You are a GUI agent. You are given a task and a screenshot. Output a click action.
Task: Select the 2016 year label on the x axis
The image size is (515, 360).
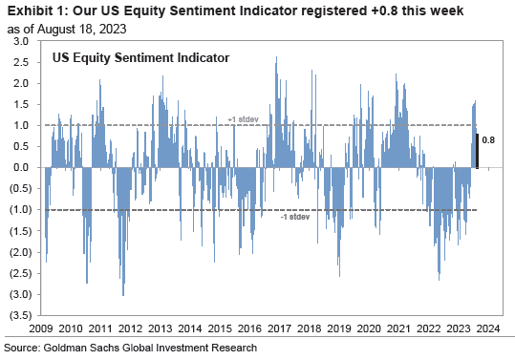[252, 327]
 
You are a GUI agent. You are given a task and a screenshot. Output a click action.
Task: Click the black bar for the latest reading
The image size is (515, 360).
[477, 151]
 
